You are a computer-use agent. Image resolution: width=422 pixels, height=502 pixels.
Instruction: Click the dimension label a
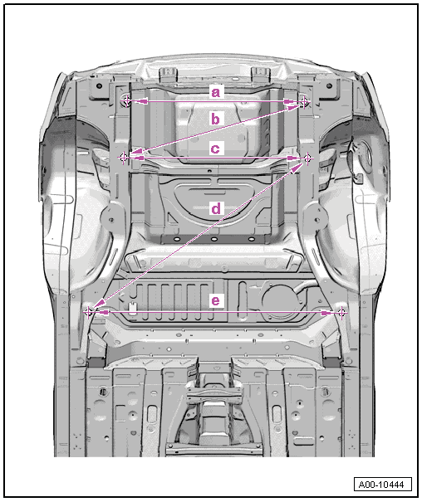click(x=216, y=93)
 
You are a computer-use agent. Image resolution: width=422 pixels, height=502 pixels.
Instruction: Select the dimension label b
click(x=216, y=119)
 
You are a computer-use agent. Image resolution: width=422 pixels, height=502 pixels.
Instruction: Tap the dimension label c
click(x=215, y=149)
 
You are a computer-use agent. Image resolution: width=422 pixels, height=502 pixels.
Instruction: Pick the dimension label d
click(x=216, y=208)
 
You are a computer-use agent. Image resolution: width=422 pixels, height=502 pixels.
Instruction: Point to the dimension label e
click(x=216, y=300)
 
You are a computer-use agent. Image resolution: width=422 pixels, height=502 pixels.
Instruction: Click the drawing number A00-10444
click(x=382, y=485)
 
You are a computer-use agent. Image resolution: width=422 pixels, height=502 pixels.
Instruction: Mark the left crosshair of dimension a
click(x=126, y=101)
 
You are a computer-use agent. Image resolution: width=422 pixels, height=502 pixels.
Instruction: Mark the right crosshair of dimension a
click(x=305, y=102)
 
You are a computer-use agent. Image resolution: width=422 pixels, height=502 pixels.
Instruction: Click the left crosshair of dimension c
click(x=124, y=158)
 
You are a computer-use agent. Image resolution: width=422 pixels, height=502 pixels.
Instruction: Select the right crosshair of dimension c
click(x=307, y=158)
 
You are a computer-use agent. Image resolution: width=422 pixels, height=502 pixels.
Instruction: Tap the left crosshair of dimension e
click(x=89, y=311)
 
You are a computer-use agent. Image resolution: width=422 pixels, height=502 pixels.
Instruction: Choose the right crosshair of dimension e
click(x=341, y=312)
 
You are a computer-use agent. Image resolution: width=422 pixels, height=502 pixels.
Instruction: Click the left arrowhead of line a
click(x=140, y=101)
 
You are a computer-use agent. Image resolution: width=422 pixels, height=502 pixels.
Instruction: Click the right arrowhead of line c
click(x=294, y=158)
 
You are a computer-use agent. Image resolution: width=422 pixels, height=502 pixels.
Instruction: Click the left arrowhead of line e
click(x=102, y=312)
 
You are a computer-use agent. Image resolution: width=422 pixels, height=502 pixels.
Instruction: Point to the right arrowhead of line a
click(x=292, y=102)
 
